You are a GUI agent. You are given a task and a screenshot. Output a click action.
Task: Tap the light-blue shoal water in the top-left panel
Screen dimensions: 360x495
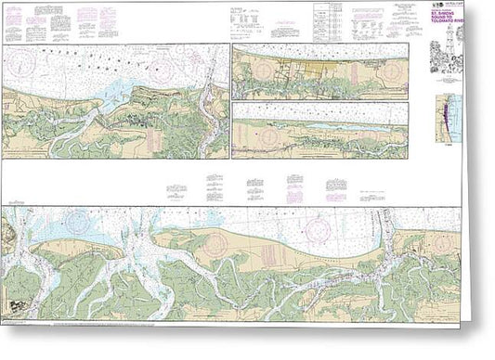(119, 88)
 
